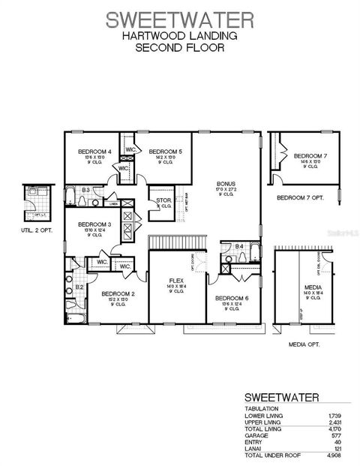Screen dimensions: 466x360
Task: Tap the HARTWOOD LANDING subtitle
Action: coord(180,35)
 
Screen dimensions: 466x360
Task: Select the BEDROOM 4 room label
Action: coord(94,152)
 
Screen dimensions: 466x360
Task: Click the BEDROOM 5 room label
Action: coord(164,152)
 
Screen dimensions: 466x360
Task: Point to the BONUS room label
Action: coord(225,183)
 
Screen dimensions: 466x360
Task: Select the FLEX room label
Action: coord(176,280)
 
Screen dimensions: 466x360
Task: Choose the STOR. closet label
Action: coord(163,200)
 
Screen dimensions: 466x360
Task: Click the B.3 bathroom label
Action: coord(86,191)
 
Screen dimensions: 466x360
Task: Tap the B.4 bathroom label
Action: coord(239,246)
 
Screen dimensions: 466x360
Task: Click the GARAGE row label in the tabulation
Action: coord(256,434)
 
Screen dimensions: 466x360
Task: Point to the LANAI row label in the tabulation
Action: coord(253,448)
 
